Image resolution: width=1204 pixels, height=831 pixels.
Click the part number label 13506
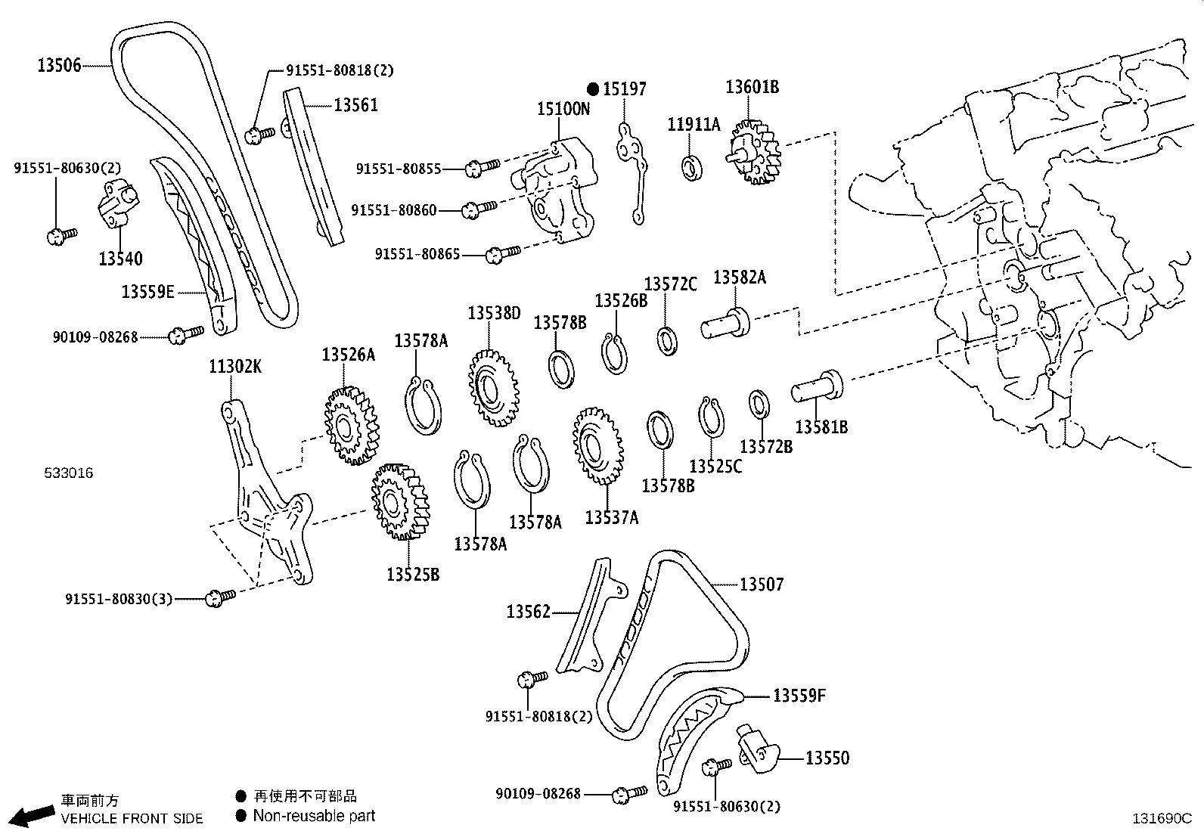click(59, 66)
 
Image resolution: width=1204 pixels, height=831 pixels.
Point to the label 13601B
click(752, 87)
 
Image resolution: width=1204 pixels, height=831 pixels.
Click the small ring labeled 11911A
click(692, 167)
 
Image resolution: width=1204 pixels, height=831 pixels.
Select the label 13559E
click(147, 291)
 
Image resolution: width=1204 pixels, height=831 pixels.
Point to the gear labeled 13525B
click(399, 501)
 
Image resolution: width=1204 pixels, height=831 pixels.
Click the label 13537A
click(611, 517)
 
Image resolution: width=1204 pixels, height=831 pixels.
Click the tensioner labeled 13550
click(756, 749)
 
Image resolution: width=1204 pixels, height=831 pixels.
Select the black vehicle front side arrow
click(31, 816)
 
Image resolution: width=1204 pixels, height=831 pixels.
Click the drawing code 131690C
click(1161, 817)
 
